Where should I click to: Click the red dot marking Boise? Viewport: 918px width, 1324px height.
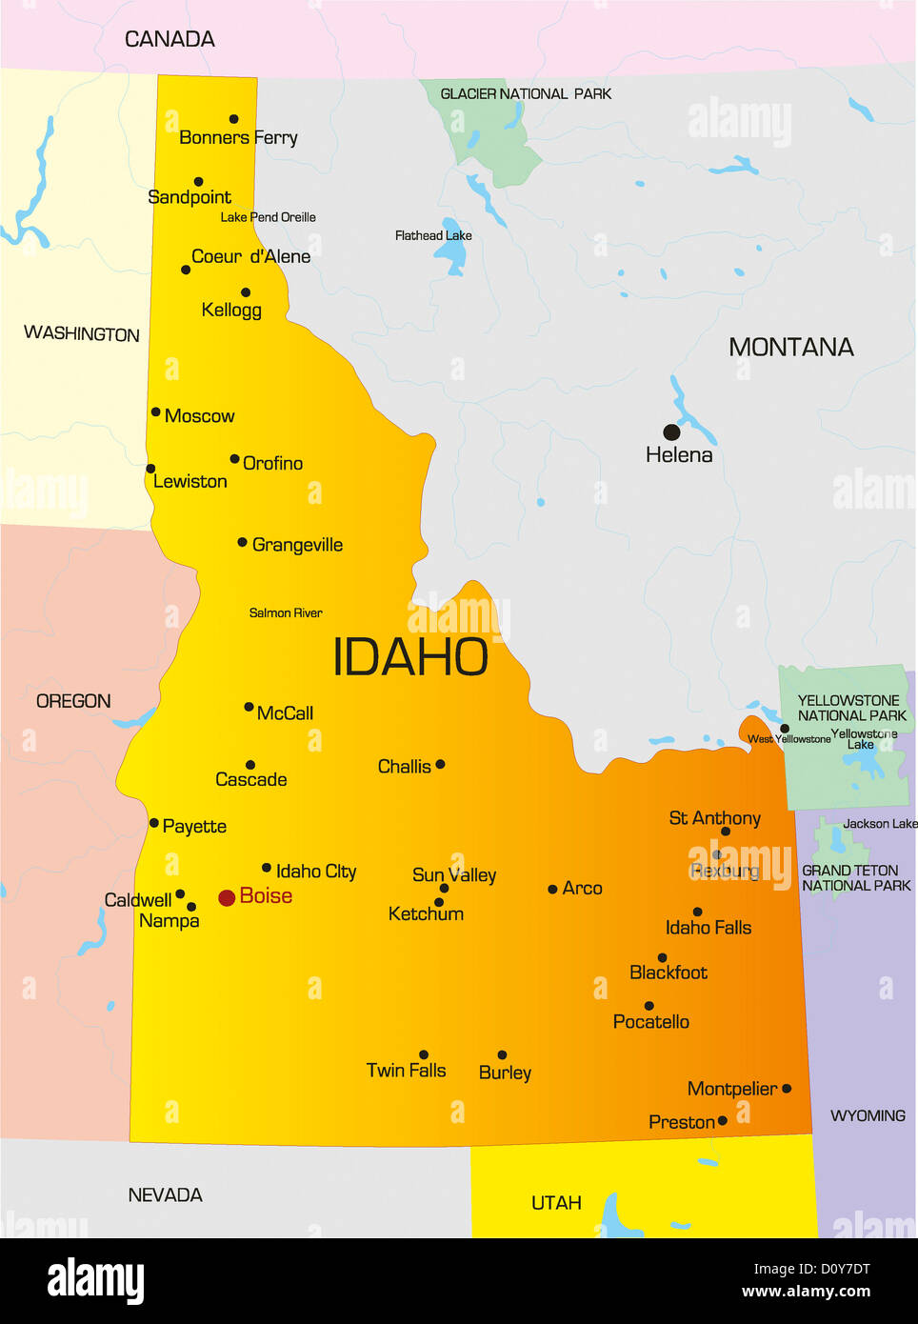pos(227,897)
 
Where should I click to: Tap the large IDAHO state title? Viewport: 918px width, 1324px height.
pos(410,657)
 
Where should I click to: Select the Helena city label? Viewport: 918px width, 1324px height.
pos(679,455)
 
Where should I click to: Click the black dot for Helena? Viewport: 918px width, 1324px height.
pos(671,432)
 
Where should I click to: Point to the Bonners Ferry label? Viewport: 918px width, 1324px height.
pos(238,138)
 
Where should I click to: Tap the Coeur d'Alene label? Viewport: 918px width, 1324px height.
pos(250,256)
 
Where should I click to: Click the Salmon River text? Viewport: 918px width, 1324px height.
pos(286,612)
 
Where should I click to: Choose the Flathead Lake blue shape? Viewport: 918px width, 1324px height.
pos(451,254)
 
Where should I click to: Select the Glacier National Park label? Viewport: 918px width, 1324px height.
pos(526,93)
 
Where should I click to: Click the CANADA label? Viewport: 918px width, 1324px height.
pos(170,39)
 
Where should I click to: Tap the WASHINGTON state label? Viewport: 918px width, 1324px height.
pos(82,333)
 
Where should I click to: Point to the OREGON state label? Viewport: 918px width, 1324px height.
pos(73,701)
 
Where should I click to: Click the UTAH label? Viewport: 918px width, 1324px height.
pos(556,1203)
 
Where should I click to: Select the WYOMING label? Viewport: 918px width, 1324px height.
pos(868,1115)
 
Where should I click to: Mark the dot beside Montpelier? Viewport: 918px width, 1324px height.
pos(787,1088)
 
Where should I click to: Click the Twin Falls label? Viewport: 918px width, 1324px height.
pos(406,1071)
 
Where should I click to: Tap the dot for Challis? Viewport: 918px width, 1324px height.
pos(440,764)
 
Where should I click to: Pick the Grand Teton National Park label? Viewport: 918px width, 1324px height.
pos(856,878)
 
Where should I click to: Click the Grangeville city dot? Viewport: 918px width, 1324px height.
pos(242,542)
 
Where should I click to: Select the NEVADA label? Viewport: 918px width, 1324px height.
pos(165,1194)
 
